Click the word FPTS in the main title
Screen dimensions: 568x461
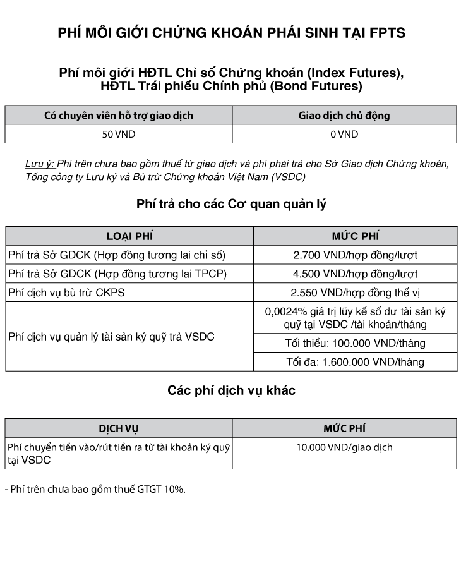click(386, 33)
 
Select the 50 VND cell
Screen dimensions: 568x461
click(119, 134)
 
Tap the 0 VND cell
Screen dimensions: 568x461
click(344, 134)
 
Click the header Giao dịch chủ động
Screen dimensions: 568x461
click(344, 116)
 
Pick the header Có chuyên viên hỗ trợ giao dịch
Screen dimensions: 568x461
click(119, 116)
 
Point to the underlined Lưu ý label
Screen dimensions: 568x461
click(40, 164)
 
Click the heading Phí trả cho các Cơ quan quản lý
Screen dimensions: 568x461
click(231, 204)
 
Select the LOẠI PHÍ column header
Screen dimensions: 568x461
click(129, 236)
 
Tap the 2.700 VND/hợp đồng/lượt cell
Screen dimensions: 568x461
click(355, 255)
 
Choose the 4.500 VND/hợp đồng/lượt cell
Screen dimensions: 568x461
click(355, 274)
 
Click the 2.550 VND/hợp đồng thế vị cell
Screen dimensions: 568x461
click(355, 293)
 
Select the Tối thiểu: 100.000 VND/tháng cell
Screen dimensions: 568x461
click(355, 343)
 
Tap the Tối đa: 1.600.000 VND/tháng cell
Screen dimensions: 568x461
click(355, 362)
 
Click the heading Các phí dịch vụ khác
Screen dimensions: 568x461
click(231, 390)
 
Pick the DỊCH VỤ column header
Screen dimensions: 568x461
click(119, 428)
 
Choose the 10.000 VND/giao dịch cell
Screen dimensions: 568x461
click(344, 447)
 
